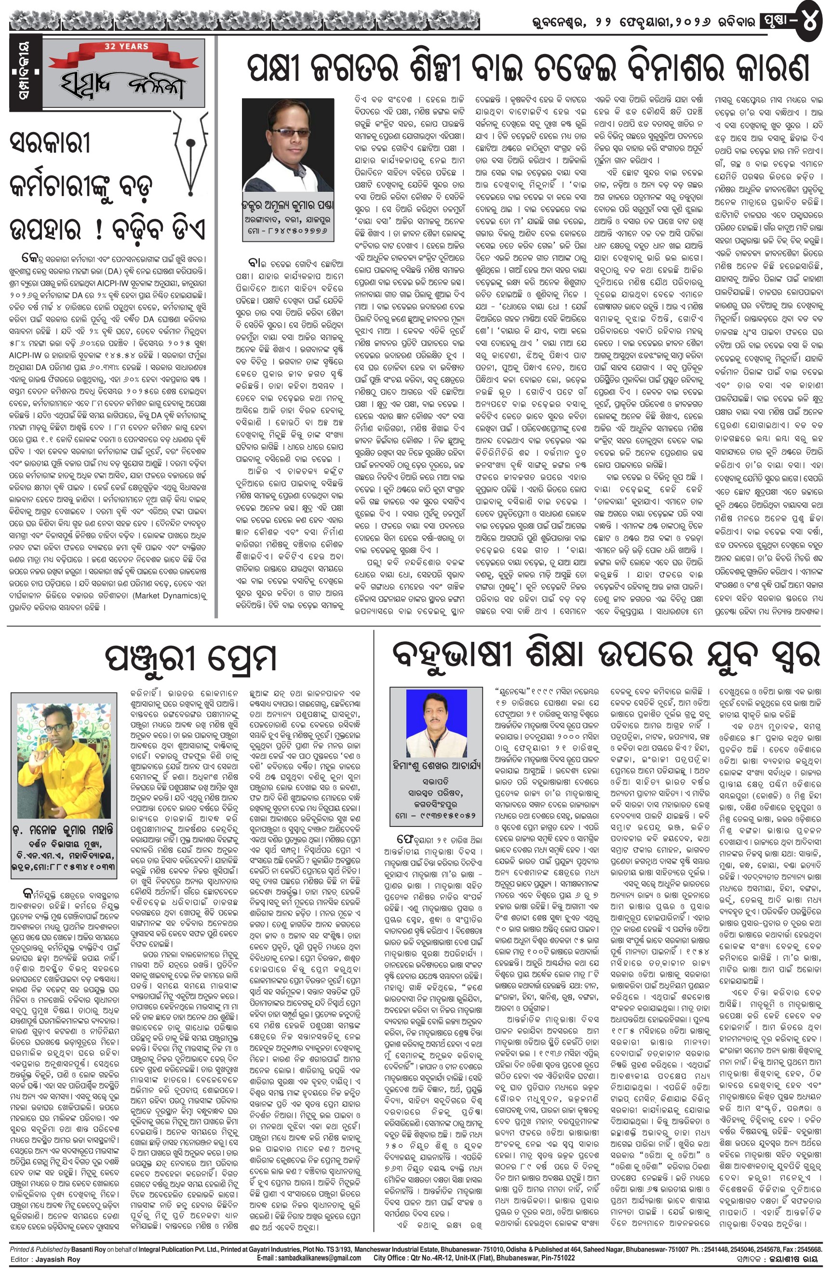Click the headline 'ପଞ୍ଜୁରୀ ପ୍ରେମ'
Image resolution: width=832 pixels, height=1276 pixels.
[x=190, y=658]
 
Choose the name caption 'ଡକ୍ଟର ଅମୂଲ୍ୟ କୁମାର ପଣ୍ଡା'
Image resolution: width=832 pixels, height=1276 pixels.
[x=288, y=204]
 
